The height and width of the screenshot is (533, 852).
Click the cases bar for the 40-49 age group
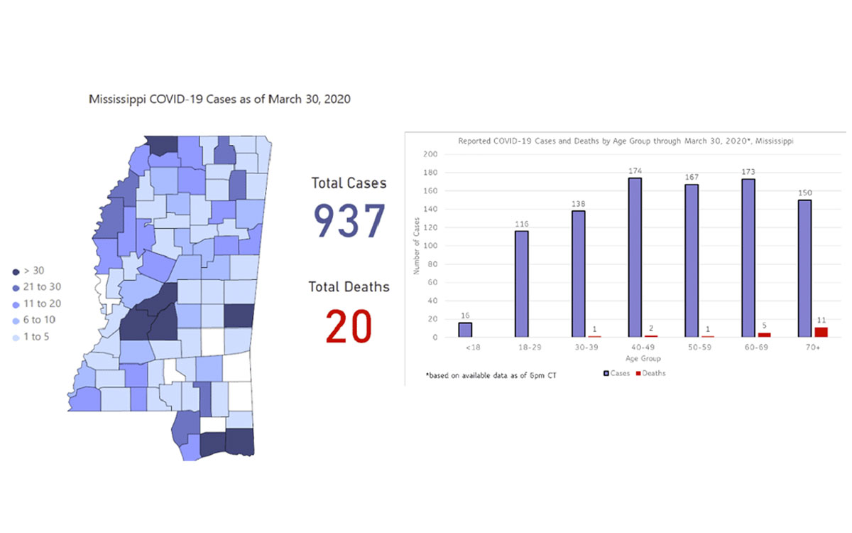(635, 257)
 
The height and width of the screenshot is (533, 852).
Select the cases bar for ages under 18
(465, 330)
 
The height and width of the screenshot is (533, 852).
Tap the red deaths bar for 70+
(821, 332)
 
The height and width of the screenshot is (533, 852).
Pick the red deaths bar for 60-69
(764, 335)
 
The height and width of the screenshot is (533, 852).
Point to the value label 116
(522, 224)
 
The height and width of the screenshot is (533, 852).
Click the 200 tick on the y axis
(430, 154)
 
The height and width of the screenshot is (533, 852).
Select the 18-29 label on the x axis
(522, 348)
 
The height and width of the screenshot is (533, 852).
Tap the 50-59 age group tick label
(692, 348)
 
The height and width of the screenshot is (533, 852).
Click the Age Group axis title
(635, 358)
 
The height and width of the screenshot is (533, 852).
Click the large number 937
(350, 221)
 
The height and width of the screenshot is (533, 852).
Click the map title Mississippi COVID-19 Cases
(219, 99)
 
